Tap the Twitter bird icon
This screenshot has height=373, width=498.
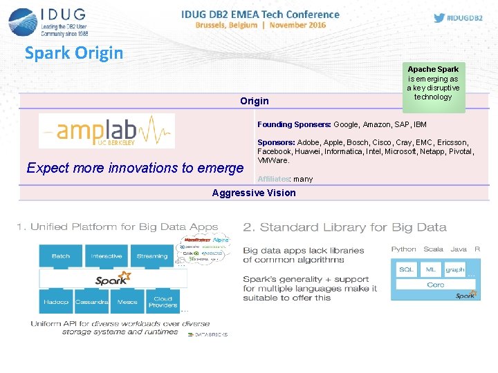tap(439, 18)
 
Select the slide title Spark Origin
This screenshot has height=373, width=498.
tap(74, 52)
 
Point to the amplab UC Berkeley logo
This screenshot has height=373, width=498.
tap(107, 131)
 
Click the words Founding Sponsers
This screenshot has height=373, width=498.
tap(294, 125)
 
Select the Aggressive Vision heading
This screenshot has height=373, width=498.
tap(254, 193)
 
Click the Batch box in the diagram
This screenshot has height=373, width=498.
tap(61, 256)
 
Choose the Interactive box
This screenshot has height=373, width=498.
tap(107, 256)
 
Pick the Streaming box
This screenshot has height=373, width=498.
tap(152, 256)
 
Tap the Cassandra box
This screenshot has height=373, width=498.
tap(92, 303)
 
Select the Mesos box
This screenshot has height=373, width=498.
tap(127, 303)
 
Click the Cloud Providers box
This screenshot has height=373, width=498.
tap(163, 303)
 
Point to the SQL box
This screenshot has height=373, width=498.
tap(407, 269)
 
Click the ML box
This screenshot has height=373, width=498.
tap(431, 269)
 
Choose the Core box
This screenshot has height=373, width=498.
tap(436, 285)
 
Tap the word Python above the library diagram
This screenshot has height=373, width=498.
tap(403, 249)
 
